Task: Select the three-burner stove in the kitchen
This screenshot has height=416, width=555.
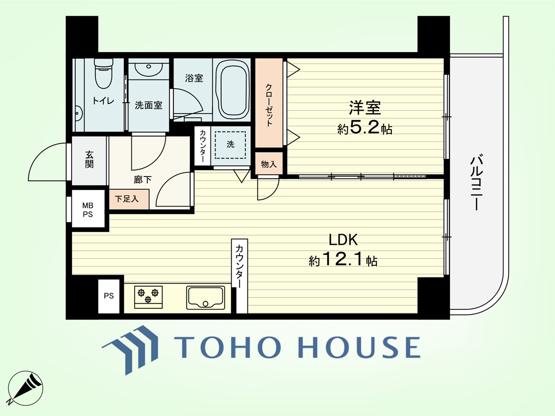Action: click(x=148, y=297)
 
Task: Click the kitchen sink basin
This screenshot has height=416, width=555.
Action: click(x=205, y=298)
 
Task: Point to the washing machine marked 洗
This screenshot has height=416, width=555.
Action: click(x=230, y=145)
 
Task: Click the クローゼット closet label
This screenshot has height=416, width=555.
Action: click(x=269, y=105)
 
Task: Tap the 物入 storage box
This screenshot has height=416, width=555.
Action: click(x=269, y=164)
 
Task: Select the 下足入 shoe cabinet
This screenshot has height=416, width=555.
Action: click(x=129, y=199)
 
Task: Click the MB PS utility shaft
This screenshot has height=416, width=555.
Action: click(x=88, y=208)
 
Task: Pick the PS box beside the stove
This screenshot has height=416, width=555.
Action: click(x=109, y=296)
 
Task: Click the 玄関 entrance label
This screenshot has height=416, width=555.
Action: click(x=89, y=159)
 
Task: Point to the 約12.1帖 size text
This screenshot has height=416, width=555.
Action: click(x=343, y=259)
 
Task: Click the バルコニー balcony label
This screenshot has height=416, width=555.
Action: click(x=476, y=182)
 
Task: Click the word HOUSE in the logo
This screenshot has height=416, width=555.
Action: click(x=359, y=347)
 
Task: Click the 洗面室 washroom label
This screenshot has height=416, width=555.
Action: click(x=148, y=105)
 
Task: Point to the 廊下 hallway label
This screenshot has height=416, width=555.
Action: click(x=142, y=180)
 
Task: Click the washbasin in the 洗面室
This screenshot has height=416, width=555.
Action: click(x=148, y=69)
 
